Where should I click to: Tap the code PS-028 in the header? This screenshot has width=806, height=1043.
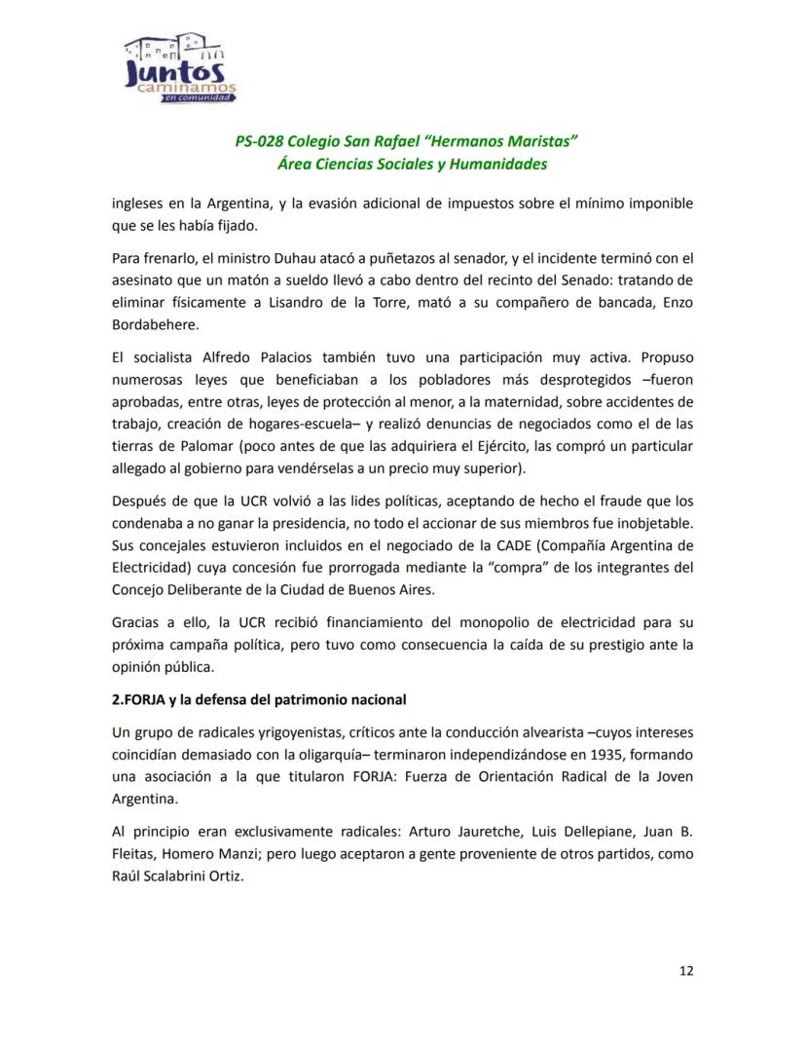pyautogui.click(x=260, y=141)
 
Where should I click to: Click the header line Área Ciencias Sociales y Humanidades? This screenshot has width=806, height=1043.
pyautogui.click(x=412, y=164)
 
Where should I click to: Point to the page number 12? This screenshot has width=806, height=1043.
pyautogui.click(x=686, y=970)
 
